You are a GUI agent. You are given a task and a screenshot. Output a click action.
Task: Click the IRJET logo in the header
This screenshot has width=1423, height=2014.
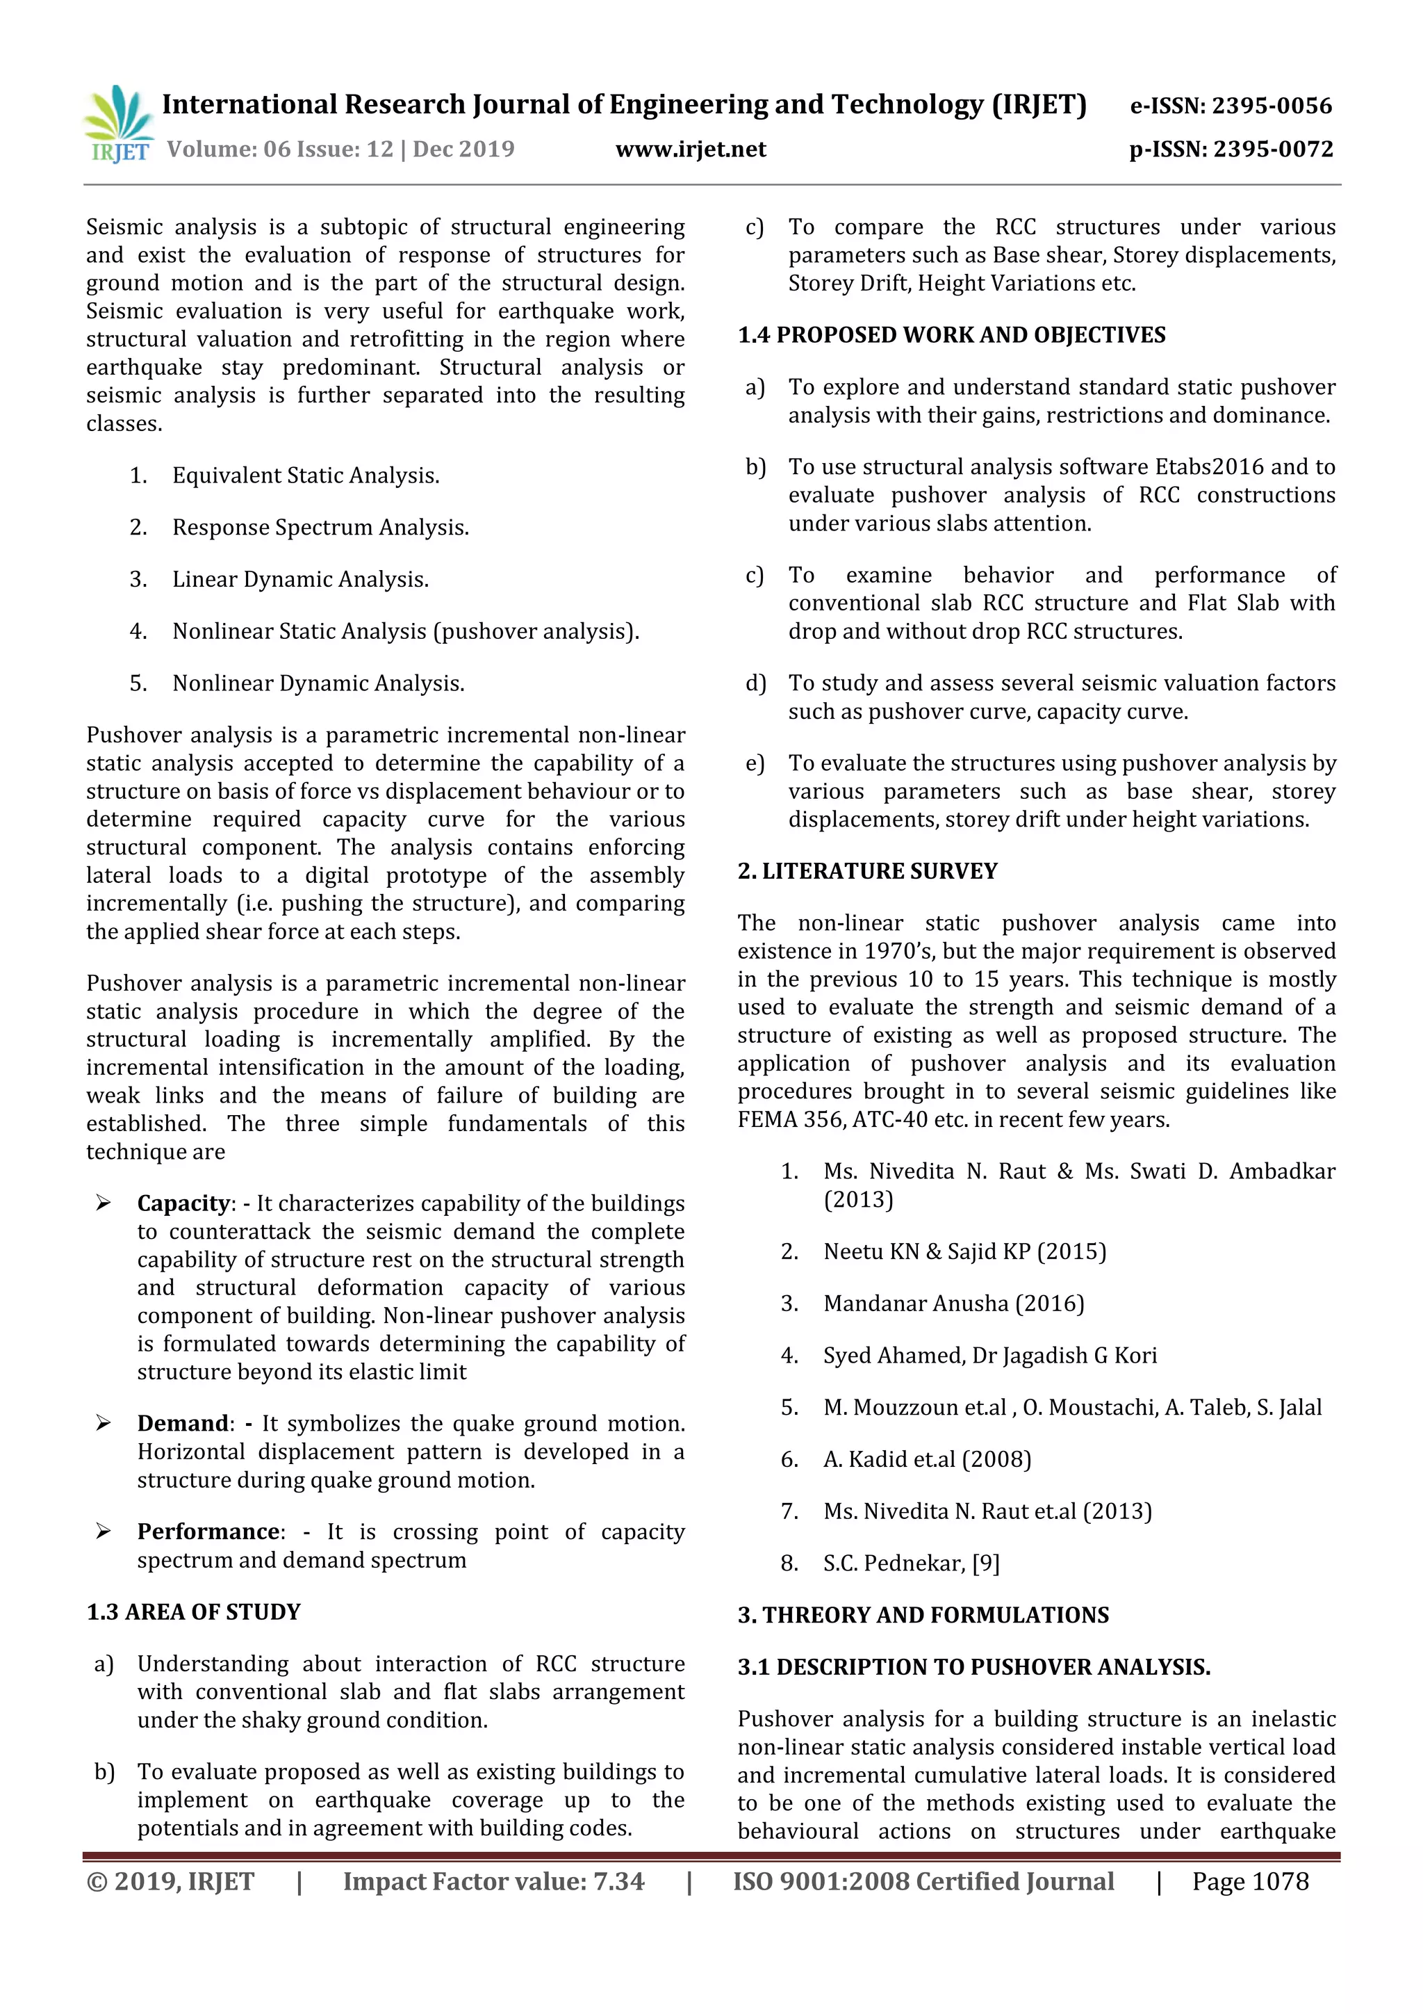point(118,124)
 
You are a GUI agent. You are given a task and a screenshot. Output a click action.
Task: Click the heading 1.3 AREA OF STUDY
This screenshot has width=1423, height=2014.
point(194,1612)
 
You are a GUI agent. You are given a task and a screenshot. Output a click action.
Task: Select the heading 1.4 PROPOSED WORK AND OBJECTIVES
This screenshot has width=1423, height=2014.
point(951,335)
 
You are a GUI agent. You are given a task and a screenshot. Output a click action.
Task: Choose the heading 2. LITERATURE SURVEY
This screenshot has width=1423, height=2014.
point(867,871)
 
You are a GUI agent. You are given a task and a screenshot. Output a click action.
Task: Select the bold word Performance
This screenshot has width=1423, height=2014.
point(208,1532)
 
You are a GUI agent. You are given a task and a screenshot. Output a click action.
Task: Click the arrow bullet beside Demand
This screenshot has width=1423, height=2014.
point(104,1423)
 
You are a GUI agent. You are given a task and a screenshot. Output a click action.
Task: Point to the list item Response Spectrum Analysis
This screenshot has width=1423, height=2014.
point(320,527)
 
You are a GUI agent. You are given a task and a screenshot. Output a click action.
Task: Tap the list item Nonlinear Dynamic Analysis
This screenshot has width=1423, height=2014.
point(318,683)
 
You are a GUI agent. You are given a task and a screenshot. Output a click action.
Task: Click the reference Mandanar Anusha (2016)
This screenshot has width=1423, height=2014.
point(953,1304)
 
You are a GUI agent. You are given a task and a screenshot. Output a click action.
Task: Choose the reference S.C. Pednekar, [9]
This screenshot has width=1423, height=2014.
point(911,1563)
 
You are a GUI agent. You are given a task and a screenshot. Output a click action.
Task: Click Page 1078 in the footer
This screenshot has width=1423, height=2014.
point(1249,1881)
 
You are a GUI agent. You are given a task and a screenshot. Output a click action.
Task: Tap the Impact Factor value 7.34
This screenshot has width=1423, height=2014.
point(618,1881)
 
